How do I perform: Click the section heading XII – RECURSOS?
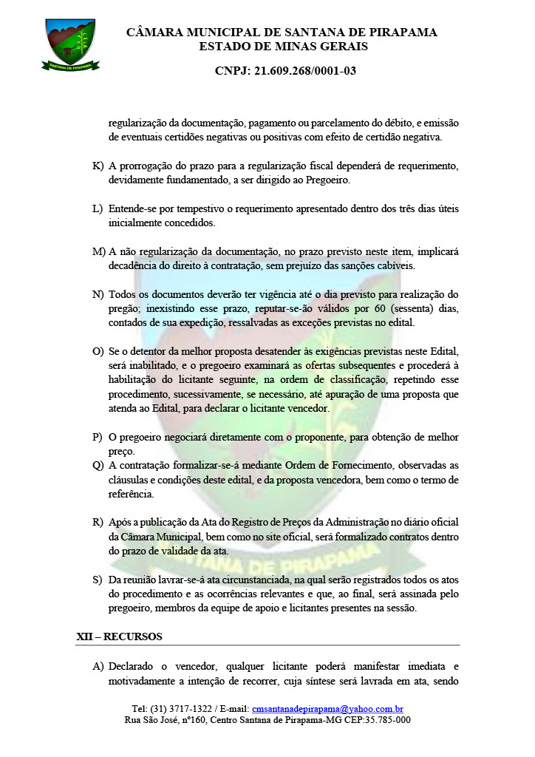tap(119, 637)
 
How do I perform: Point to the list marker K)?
tap(98, 165)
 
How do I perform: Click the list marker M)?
tap(99, 251)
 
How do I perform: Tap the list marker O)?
tap(98, 351)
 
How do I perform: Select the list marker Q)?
tap(98, 465)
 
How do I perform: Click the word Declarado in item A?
tap(135, 664)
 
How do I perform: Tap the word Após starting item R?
tap(119, 522)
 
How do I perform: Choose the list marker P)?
tap(98, 437)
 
